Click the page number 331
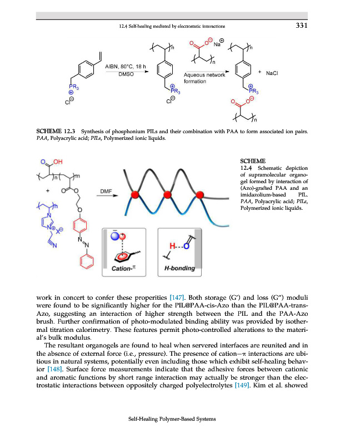(x=301, y=26)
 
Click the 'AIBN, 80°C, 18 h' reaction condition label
(x=126, y=67)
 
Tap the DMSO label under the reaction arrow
(x=126, y=74)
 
